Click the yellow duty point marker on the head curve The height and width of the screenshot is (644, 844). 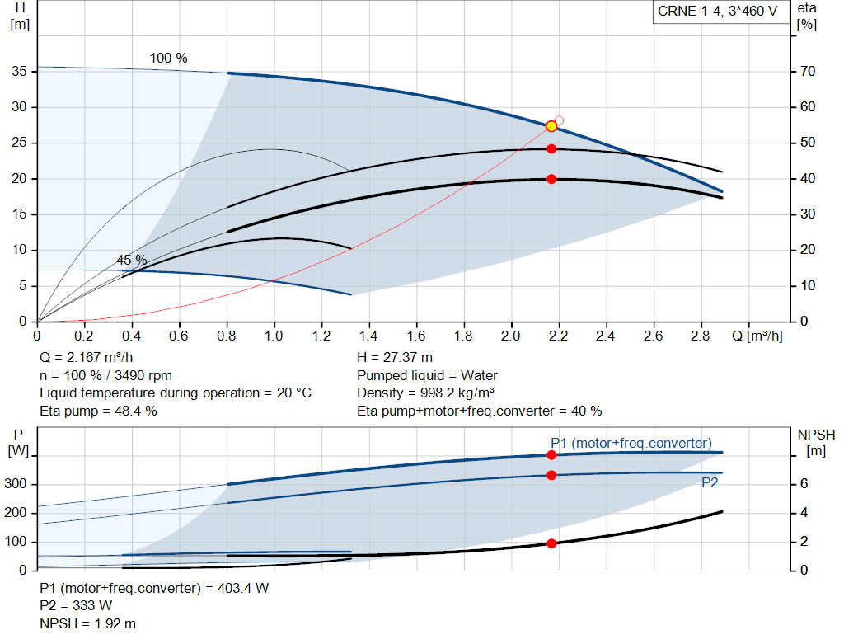pyautogui.click(x=551, y=126)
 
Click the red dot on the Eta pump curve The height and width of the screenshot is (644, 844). pyautogui.click(x=551, y=149)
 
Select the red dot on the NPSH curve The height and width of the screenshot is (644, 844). pyautogui.click(x=551, y=543)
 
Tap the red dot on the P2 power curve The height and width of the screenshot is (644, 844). pyautogui.click(x=551, y=475)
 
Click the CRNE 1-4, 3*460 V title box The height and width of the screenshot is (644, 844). pyautogui.click(x=717, y=12)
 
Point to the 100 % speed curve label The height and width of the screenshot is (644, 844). pyautogui.click(x=168, y=59)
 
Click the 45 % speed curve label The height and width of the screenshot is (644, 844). pyautogui.click(x=131, y=260)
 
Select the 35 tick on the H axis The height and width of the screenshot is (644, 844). pyautogui.click(x=21, y=72)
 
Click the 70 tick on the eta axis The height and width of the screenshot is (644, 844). pyautogui.click(x=807, y=72)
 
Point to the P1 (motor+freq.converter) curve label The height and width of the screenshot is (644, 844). pyautogui.click(x=631, y=443)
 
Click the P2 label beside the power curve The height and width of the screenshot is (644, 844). pyautogui.click(x=710, y=483)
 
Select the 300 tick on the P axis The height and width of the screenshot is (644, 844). pyautogui.click(x=17, y=484)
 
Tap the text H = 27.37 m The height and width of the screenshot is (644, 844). pyautogui.click(x=395, y=357)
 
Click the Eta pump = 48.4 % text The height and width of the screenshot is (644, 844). pyautogui.click(x=98, y=411)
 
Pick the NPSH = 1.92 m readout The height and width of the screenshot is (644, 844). pyautogui.click(x=88, y=623)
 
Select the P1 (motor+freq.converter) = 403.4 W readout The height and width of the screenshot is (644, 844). pyautogui.click(x=154, y=588)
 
